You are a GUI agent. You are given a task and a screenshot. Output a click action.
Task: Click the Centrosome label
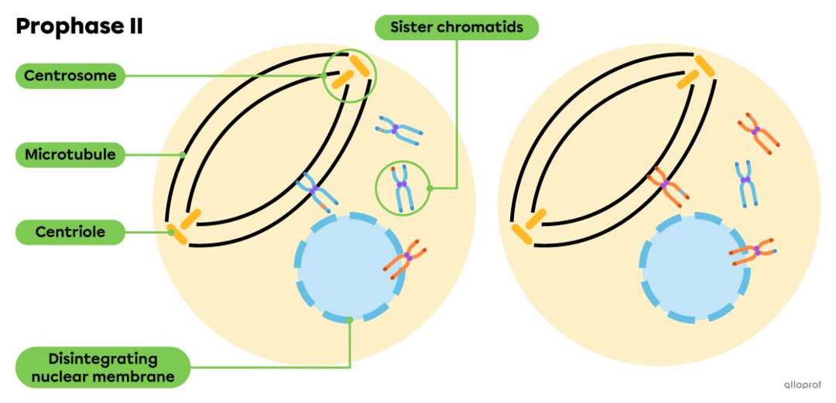[x=70, y=76]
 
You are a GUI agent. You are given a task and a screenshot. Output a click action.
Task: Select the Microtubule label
[x=70, y=155]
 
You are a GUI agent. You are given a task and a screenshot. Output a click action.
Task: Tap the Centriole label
[x=70, y=231]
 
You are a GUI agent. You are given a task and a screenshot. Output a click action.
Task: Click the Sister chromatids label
[x=456, y=28]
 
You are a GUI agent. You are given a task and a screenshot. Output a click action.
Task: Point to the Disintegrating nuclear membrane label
[x=103, y=367]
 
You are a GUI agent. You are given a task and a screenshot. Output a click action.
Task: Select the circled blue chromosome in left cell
[x=401, y=188]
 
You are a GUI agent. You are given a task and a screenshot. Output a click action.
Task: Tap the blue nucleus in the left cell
[x=348, y=267]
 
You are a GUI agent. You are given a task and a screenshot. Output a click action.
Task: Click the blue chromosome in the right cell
[x=745, y=182]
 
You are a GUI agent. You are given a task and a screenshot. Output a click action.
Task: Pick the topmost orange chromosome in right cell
[x=755, y=132]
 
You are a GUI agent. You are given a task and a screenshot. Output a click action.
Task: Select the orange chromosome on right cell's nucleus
[x=753, y=251]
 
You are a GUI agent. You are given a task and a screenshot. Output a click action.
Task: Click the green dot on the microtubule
[x=183, y=155]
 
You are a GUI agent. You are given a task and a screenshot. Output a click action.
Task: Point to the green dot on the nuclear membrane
[x=350, y=319]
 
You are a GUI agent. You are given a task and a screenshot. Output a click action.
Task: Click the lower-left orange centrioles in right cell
[x=529, y=225]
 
